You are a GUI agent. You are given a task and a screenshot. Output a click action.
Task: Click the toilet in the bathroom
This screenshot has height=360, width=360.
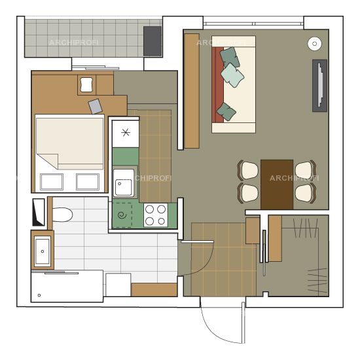62,215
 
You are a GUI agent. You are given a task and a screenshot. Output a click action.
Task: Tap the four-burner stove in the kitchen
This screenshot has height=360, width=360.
156,215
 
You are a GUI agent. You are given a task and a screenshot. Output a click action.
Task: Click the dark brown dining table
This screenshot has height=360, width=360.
277,185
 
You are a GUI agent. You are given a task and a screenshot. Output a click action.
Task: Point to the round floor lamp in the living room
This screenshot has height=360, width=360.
315,44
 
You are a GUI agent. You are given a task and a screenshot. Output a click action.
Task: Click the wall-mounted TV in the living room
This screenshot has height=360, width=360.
320,86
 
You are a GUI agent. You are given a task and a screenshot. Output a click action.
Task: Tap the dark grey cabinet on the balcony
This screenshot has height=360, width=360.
153,41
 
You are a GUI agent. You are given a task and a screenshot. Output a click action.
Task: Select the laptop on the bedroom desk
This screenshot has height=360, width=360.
96,106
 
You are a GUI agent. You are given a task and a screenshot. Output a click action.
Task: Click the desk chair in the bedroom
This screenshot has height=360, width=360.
86,84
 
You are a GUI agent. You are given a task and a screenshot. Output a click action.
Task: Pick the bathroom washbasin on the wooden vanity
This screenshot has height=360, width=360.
43,251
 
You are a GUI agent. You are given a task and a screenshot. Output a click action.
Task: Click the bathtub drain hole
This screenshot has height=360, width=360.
39,295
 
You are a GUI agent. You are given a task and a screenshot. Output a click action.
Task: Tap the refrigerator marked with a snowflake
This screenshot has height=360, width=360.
126,134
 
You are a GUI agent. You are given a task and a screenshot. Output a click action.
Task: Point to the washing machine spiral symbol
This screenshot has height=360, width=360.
122,215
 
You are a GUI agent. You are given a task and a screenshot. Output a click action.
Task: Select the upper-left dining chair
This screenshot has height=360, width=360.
248,170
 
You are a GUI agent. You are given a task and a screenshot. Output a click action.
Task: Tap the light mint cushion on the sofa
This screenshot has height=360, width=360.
232,75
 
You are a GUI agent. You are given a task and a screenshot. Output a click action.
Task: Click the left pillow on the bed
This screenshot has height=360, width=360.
52,182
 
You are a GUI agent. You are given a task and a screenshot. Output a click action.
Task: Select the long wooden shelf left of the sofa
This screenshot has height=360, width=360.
192,91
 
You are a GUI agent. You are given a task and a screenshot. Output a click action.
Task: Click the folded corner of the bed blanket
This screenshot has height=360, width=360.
48,161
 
